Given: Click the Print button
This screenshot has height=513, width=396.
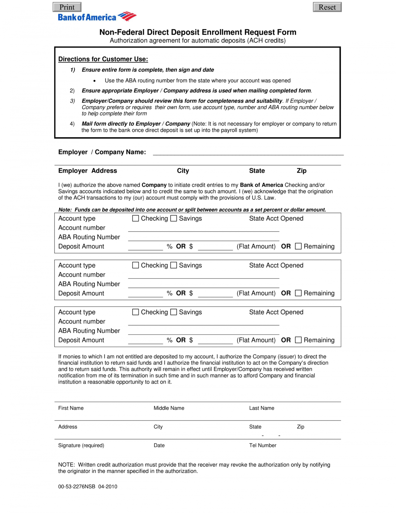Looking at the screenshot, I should pos(67,7).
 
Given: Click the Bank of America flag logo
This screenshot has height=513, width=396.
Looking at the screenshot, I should pos(127,16).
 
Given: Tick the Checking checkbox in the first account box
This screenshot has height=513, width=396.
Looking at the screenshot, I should pos(135,218).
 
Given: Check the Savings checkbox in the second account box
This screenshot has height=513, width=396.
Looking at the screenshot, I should pos(173,265).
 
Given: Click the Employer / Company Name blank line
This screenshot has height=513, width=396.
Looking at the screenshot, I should pos(248,153).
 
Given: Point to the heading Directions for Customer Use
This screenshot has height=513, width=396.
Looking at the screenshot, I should pos(103,59).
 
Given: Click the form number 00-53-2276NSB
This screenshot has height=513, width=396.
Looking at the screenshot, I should pos(77,486).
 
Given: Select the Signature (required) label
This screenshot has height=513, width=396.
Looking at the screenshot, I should pos(81,445).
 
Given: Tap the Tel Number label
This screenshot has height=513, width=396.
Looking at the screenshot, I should pos(263,445).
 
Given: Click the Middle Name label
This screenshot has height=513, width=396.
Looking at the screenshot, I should pos(169,408).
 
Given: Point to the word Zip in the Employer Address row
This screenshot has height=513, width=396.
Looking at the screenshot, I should pos(301,171).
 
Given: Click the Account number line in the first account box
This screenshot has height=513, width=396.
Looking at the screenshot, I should pos(203,229).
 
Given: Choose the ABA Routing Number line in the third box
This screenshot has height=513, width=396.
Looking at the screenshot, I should pos(203,332).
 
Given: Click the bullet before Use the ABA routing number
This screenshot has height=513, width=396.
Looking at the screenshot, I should pos(94,81).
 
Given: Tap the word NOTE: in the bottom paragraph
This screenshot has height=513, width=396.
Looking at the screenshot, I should pos(67,465).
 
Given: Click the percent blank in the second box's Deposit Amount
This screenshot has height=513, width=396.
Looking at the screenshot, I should pos(145,294).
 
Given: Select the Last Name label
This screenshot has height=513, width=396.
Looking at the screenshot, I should pos(262,408).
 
